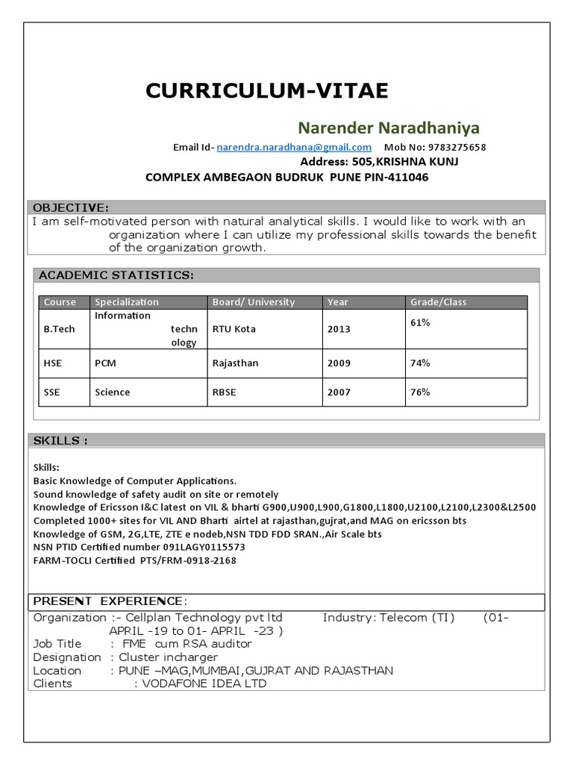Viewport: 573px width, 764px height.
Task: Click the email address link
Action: pos(294,147)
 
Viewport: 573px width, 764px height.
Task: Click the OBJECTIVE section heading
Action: pos(71,207)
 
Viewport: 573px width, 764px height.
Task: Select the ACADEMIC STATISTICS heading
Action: pos(116,275)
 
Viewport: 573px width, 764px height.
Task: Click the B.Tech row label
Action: pos(59,329)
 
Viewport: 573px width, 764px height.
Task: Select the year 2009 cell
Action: pos(338,363)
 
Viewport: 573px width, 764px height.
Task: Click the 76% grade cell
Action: pos(420,392)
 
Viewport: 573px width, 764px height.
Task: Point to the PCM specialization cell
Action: pos(105,363)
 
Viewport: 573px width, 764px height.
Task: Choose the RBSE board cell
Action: pos(224,392)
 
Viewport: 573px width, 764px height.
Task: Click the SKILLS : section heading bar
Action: pos(60,441)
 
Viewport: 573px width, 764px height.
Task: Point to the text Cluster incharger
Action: pos(168,657)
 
